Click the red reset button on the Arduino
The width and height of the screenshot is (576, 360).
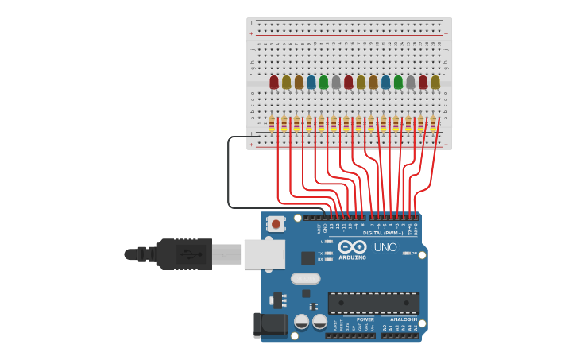coord(276,224)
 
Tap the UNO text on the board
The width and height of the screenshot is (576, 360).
coord(385,247)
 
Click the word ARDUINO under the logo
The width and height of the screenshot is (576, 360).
coord(352,257)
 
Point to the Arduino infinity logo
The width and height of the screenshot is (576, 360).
coord(352,246)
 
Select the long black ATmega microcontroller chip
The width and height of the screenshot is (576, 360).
coord(373,303)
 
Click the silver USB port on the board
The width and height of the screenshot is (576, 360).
coord(264,254)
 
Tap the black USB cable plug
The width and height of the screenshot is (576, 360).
coord(184,254)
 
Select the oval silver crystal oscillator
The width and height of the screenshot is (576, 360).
coord(305,278)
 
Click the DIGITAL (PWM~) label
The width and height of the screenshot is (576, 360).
coord(381,233)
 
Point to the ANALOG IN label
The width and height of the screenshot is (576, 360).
coord(404,319)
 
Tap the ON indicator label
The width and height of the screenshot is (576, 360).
coord(414,253)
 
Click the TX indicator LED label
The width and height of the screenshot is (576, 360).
coord(321,252)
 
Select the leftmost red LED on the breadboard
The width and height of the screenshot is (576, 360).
coord(274,82)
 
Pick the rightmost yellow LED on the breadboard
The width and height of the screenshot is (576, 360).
coord(435,82)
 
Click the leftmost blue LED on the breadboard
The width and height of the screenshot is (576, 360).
coord(311,82)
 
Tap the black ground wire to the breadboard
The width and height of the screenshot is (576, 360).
coord(229,175)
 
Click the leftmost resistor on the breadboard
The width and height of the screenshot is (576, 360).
coord(272,123)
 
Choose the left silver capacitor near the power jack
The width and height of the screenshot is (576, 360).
coord(302,322)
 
